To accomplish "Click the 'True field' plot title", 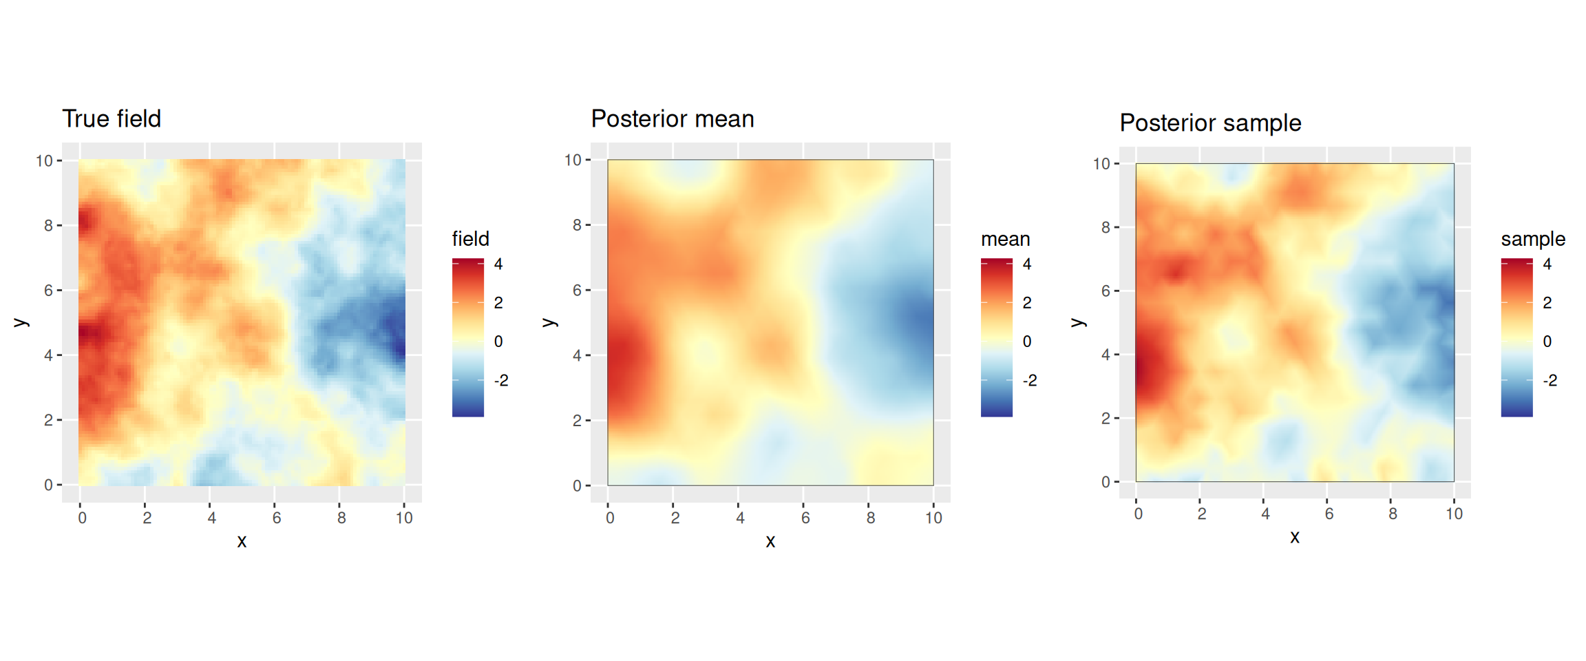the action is (x=112, y=118).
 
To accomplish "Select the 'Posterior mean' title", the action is (x=673, y=118).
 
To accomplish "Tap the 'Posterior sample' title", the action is (x=1210, y=123).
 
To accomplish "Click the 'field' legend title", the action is (x=471, y=239).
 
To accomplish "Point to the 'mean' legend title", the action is (x=1005, y=239).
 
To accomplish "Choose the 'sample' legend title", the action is (x=1533, y=240).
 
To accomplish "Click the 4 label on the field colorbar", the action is (x=498, y=264).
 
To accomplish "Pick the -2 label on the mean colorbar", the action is (x=1030, y=380).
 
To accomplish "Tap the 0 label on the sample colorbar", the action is (x=1547, y=342).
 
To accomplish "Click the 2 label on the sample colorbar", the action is (x=1547, y=303).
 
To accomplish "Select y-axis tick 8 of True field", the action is (x=48, y=225).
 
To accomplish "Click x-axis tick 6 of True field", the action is (x=276, y=518).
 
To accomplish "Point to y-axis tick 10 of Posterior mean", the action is (x=573, y=160).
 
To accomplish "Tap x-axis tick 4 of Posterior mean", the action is (x=740, y=518).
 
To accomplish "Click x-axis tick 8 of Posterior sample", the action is (x=1392, y=514).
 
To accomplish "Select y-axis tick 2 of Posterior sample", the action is (x=1106, y=418).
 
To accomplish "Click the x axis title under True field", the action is (x=242, y=541).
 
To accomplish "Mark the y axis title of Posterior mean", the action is (x=549, y=322).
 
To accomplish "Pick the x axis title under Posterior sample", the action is (x=1295, y=537).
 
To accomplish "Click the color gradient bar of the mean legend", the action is (x=997, y=337).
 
